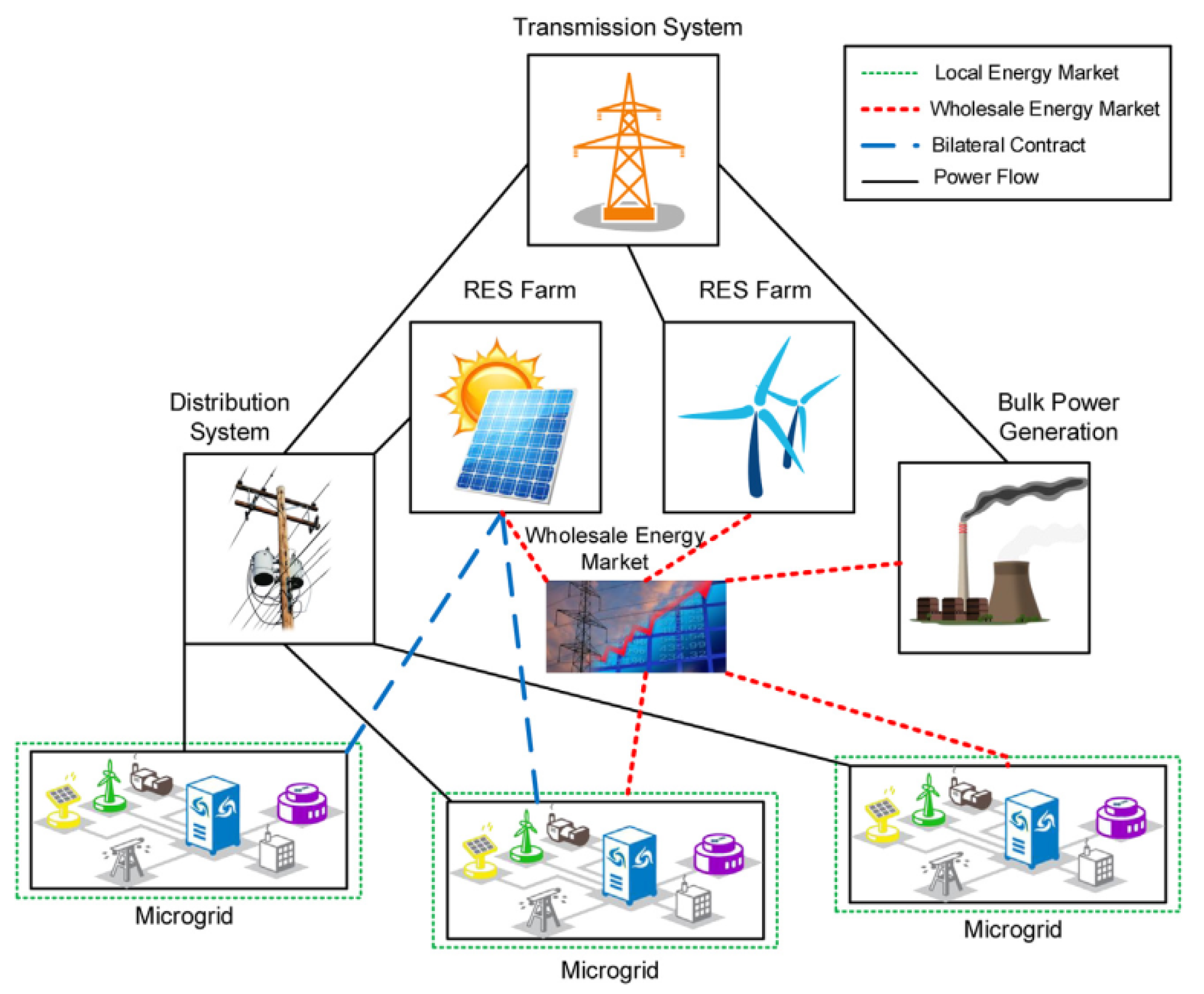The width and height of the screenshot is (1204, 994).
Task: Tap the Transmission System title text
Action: pyautogui.click(x=627, y=27)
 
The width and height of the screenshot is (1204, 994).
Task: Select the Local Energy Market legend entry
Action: pyautogui.click(x=1026, y=72)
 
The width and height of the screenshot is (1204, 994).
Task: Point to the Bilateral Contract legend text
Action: pyautogui.click(x=1008, y=145)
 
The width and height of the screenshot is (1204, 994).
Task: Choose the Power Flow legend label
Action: pyautogui.click(x=985, y=177)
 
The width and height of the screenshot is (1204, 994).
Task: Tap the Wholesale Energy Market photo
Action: pyautogui.click(x=635, y=626)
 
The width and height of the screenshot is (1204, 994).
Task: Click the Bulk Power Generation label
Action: pyautogui.click(x=1058, y=417)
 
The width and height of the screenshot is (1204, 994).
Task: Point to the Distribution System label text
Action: pyautogui.click(x=230, y=417)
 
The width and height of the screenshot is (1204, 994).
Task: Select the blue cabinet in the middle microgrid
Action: pyautogui.click(x=629, y=865)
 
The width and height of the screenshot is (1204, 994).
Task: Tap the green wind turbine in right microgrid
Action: pyautogui.click(x=927, y=800)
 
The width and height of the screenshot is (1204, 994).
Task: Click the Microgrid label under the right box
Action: pyautogui.click(x=1012, y=929)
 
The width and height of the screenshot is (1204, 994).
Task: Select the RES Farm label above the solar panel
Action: pyautogui.click(x=519, y=290)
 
